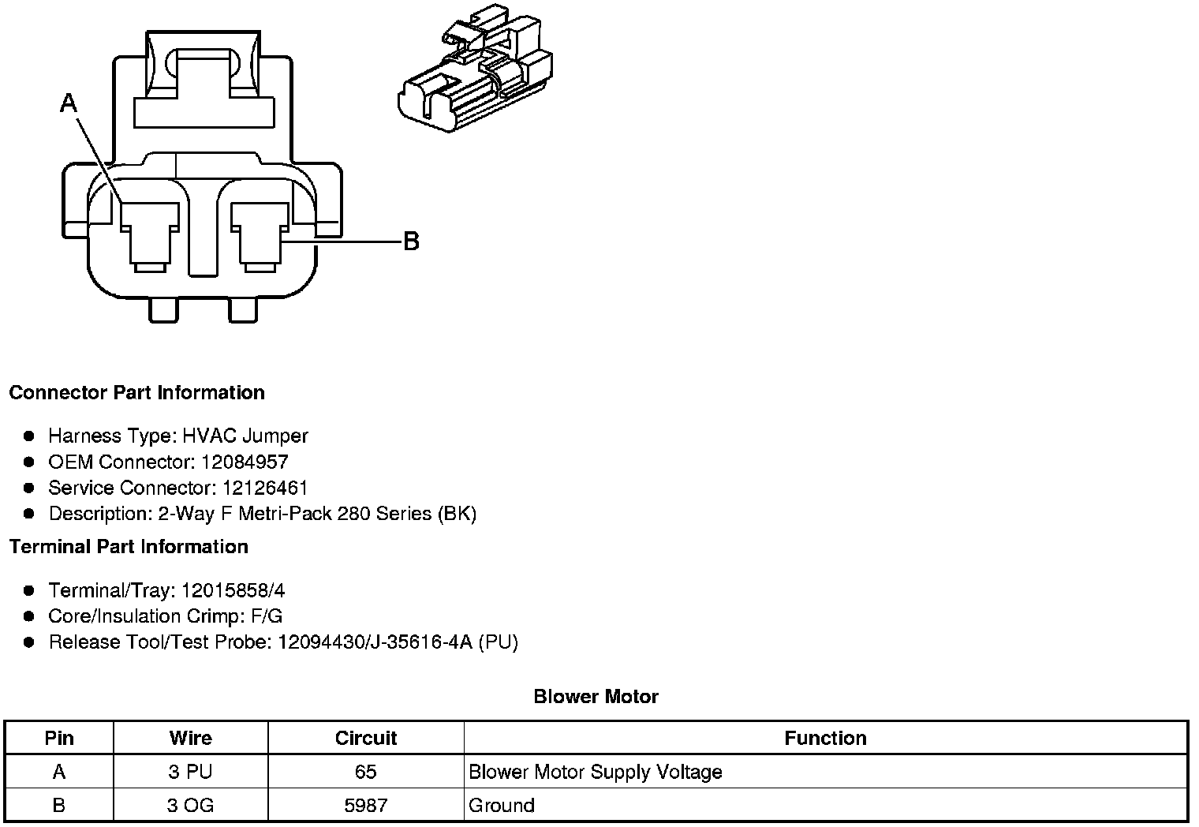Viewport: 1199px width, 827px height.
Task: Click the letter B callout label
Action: click(x=411, y=241)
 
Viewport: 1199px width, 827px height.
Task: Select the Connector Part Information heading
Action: click(x=136, y=393)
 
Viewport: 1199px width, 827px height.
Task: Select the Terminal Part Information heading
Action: click(x=129, y=547)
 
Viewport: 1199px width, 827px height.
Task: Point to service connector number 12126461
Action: click(x=264, y=488)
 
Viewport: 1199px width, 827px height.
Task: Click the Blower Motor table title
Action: click(x=596, y=697)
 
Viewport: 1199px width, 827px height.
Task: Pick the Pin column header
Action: click(x=59, y=738)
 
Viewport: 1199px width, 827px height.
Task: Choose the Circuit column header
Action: click(x=366, y=738)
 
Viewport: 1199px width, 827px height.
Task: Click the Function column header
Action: click(x=825, y=738)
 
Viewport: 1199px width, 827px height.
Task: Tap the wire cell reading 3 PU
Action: click(x=190, y=772)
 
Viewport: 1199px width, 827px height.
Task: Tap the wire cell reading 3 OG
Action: click(x=190, y=806)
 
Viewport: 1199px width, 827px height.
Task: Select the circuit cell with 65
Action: click(x=366, y=772)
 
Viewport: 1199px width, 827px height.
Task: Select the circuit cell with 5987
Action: click(x=366, y=806)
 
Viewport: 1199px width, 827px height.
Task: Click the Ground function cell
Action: click(x=502, y=806)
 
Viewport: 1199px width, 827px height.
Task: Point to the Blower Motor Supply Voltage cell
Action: click(x=596, y=772)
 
